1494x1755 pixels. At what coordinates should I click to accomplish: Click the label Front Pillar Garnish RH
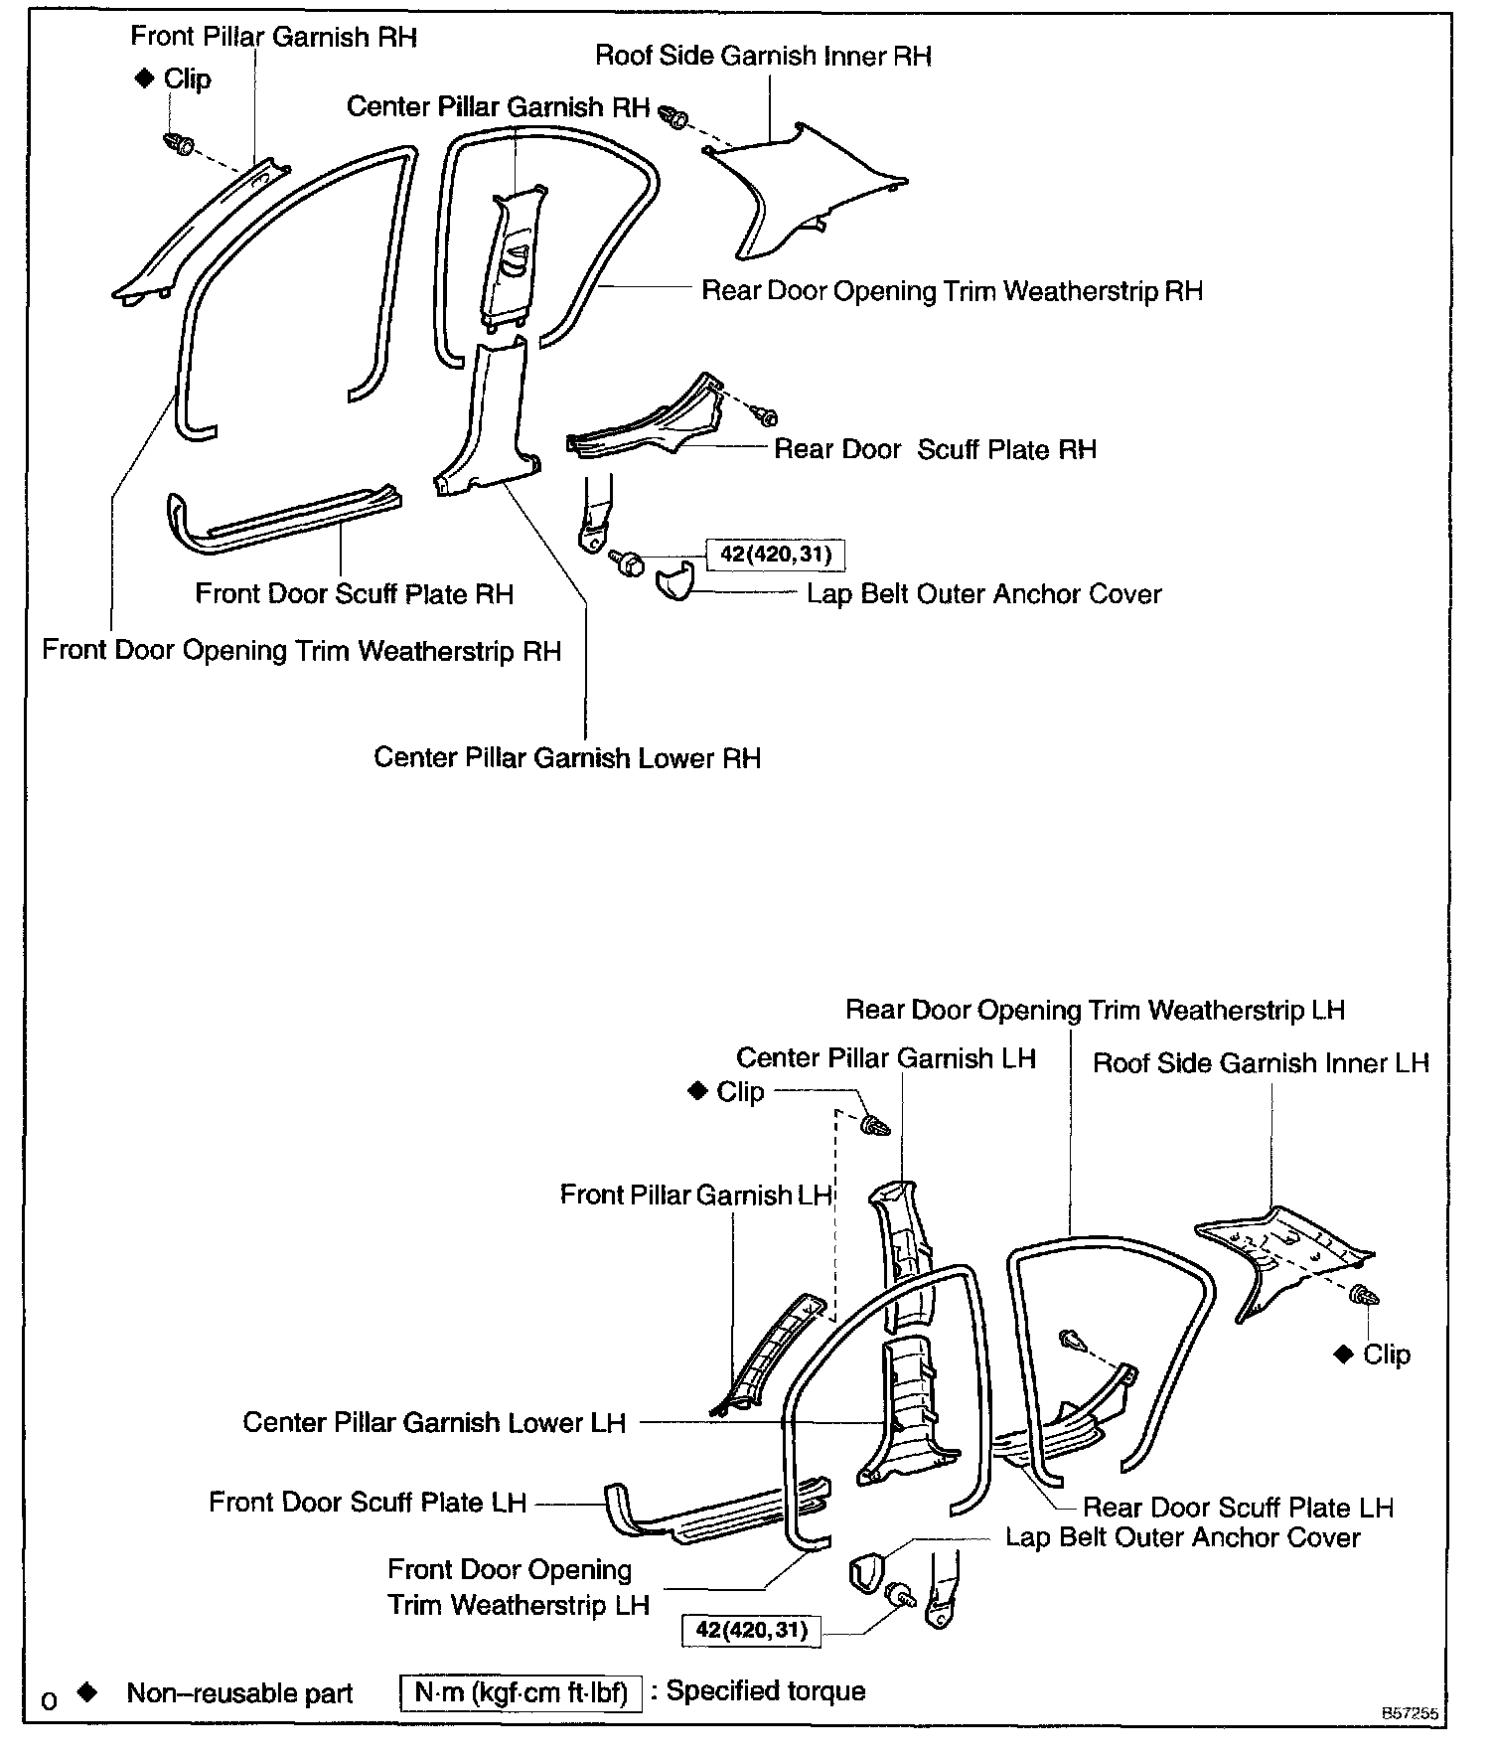coord(273,38)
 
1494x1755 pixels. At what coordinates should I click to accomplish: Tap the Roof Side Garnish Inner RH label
coord(763,56)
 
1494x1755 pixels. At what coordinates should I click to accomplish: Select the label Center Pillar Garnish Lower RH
coord(566,758)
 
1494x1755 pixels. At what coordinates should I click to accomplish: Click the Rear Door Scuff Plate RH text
coord(935,449)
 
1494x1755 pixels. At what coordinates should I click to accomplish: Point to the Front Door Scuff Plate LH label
coord(367,1502)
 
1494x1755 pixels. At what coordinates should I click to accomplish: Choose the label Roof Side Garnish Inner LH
coord(1261,1063)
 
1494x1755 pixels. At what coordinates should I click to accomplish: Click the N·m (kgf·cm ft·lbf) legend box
coord(521,1692)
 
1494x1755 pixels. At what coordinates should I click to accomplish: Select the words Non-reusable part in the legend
coord(239,1693)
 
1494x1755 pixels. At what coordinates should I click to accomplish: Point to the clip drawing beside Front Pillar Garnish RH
coord(179,143)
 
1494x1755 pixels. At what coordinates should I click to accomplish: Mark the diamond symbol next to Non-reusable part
coord(87,1690)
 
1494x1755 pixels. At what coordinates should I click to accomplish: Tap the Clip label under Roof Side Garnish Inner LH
coord(1386,1355)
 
